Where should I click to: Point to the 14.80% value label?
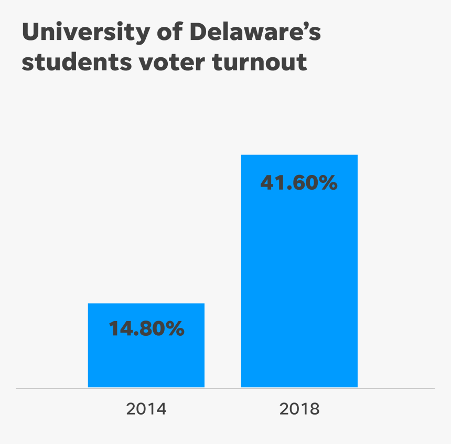(x=146, y=329)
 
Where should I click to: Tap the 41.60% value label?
(x=299, y=183)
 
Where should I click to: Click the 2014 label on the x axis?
(x=146, y=409)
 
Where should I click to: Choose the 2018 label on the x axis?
(x=299, y=409)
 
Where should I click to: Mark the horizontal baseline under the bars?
(x=225, y=388)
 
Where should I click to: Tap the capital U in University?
(x=31, y=33)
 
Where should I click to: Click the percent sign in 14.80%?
(x=174, y=329)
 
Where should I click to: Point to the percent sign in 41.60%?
(x=327, y=183)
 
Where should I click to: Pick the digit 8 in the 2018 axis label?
(x=314, y=409)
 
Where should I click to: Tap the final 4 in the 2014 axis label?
(x=161, y=409)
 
